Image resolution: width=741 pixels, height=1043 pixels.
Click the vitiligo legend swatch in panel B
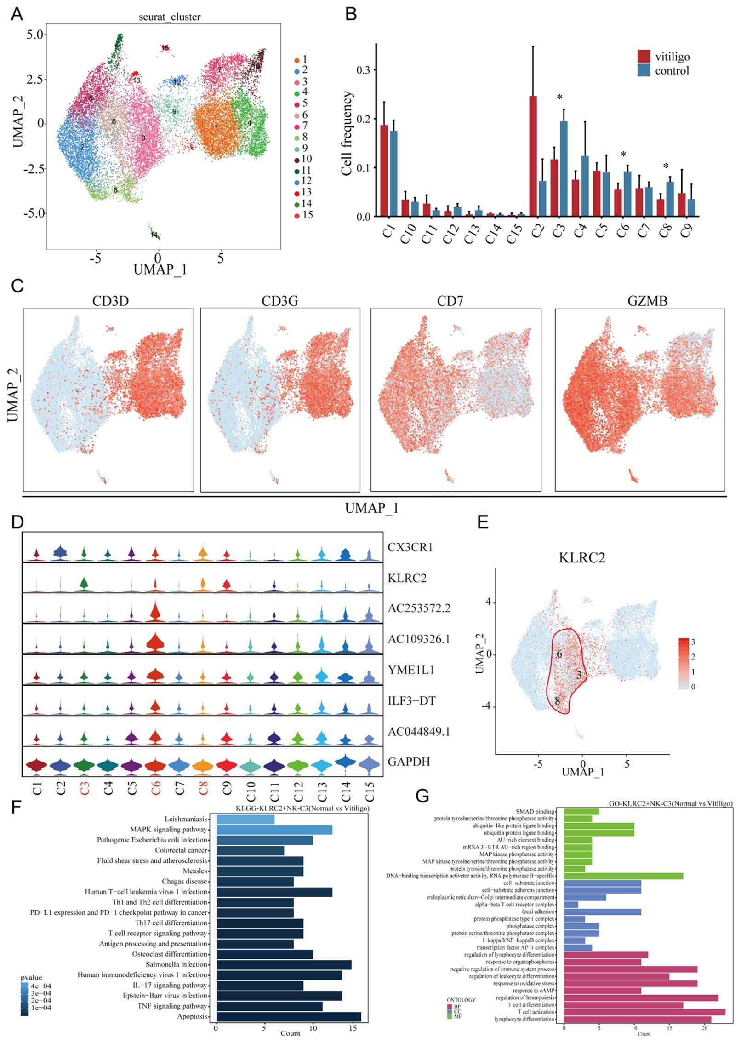[x=644, y=56]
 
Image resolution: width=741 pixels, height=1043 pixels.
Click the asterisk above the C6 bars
[x=623, y=155]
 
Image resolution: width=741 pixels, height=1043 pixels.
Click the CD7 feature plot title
[x=450, y=301]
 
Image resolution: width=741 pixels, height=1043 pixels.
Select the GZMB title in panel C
[x=647, y=301]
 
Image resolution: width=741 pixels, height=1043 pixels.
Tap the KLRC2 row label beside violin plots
[x=407, y=578]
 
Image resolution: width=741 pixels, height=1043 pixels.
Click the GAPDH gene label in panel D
[x=409, y=762]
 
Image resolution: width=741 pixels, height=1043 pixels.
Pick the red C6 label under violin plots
[x=156, y=788]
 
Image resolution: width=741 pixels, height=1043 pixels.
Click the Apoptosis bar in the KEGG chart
[x=289, y=1016]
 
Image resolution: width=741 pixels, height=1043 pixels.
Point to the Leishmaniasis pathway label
[x=186, y=819]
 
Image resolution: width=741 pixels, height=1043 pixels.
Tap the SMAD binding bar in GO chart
[x=581, y=812]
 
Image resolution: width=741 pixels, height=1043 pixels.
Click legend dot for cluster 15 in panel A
[x=297, y=215]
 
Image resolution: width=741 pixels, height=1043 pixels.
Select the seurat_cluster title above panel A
[x=170, y=17]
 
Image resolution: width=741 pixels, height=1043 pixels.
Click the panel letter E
[x=483, y=522]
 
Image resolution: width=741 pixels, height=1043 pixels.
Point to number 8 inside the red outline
[x=557, y=701]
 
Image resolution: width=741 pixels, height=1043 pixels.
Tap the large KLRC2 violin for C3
[x=84, y=584]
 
